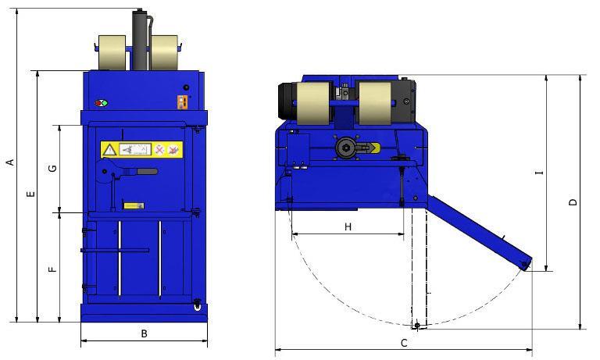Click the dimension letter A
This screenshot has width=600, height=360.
point(11,162)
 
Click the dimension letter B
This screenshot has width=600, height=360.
point(144,333)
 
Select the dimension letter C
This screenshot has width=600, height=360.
point(404,343)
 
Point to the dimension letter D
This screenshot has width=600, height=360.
point(573,202)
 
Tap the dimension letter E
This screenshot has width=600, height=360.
point(31,194)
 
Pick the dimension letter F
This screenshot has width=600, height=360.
point(53,269)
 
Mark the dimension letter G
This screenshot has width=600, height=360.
point(53,168)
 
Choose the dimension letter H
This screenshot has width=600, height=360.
point(348,227)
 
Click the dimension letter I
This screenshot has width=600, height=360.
point(540,173)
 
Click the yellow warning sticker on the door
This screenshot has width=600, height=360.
point(141,149)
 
